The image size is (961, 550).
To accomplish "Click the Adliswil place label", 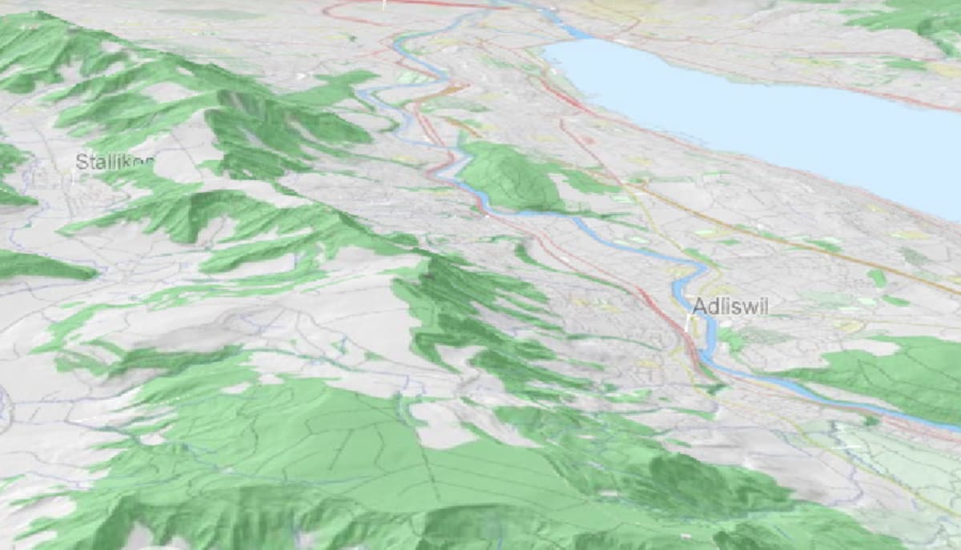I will [729, 306].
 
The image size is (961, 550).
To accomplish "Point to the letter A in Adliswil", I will [699, 306].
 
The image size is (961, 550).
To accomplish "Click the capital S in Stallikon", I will [80, 162].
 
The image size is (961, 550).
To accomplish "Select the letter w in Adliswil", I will [748, 306].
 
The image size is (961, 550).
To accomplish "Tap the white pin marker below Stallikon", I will [74, 178].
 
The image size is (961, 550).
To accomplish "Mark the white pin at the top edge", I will [384, 4].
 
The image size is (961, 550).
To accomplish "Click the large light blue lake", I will [761, 112].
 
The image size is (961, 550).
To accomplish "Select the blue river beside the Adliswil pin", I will [705, 336].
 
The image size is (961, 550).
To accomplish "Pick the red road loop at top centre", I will [352, 12].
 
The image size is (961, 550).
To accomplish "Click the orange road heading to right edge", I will [881, 264].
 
